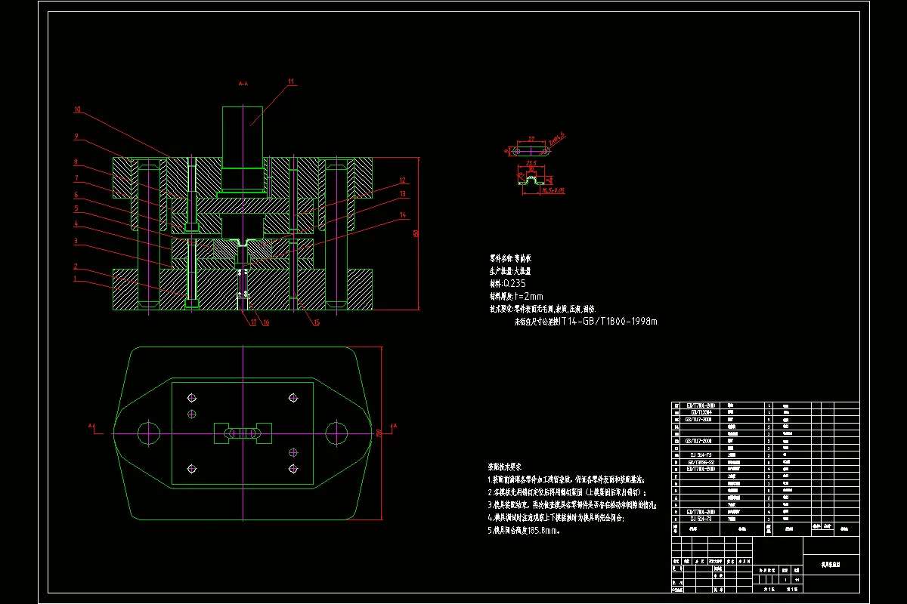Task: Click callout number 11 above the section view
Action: click(290, 81)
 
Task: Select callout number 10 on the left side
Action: click(78, 110)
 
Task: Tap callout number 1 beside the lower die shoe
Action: click(76, 278)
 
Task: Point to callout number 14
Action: click(402, 216)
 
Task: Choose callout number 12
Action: click(403, 180)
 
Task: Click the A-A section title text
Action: click(243, 84)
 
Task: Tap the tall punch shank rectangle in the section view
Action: click(243, 136)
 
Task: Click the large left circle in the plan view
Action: click(149, 433)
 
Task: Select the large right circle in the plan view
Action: click(336, 433)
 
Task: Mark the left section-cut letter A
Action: click(91, 427)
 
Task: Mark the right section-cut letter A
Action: click(395, 427)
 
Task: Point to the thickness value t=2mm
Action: click(529, 296)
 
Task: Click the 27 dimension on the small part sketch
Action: click(531, 139)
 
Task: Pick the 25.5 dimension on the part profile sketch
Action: click(531, 163)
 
